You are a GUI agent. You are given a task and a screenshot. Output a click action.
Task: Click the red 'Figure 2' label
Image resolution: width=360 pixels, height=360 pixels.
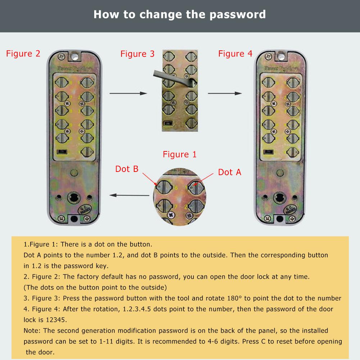[23, 54]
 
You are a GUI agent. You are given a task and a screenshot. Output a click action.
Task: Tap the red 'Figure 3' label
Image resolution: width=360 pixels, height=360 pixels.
[137, 54]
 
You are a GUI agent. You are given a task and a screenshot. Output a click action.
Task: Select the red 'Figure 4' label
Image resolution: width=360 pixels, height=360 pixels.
[235, 54]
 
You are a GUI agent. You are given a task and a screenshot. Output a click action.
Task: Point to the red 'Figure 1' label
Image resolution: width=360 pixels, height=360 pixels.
[180, 155]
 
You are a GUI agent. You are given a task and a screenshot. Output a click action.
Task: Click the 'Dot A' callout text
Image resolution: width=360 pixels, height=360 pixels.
[229, 172]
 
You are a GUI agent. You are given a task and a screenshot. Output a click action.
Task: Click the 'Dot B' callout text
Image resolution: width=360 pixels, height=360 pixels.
[127, 169]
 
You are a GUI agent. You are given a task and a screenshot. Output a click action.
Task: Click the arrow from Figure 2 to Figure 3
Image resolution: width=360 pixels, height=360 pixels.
[128, 94]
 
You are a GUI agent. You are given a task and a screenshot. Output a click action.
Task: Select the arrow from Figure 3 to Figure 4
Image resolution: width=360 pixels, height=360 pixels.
[224, 94]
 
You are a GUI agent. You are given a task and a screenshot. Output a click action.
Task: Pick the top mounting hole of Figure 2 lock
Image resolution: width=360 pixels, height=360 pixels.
[75, 56]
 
